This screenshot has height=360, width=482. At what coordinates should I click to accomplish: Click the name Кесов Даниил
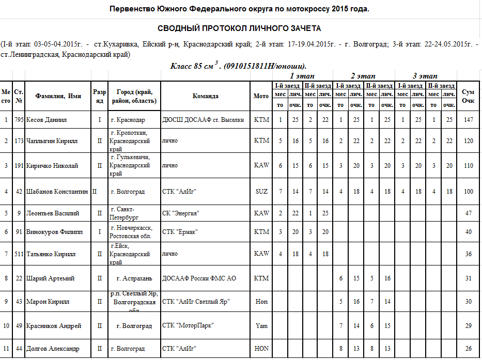(46, 120)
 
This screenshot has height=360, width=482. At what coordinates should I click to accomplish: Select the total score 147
(468, 120)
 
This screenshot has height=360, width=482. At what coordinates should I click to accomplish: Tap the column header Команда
(205, 96)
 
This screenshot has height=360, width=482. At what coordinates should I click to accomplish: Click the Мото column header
(261, 96)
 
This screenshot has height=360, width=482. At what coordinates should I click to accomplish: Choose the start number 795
(19, 120)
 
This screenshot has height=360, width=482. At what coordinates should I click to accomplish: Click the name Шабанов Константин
(57, 192)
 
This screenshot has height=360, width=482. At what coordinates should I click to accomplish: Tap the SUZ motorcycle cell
(261, 192)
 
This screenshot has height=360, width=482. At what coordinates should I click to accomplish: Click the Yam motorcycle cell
(261, 326)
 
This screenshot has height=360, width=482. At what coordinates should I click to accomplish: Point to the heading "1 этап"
(302, 76)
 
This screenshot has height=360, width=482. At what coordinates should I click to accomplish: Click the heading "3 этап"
(425, 76)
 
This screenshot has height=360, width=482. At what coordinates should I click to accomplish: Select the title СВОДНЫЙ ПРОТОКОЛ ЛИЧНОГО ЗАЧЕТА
(239, 28)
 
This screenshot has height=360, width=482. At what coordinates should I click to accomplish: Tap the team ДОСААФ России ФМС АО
(199, 278)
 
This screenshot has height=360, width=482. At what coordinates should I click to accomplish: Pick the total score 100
(468, 192)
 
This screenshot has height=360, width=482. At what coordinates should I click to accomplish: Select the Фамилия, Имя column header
(58, 96)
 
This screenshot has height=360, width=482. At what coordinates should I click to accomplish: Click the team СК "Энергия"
(181, 213)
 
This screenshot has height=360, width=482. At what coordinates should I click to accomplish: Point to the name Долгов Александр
(53, 349)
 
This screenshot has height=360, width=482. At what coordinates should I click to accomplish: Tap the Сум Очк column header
(468, 96)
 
